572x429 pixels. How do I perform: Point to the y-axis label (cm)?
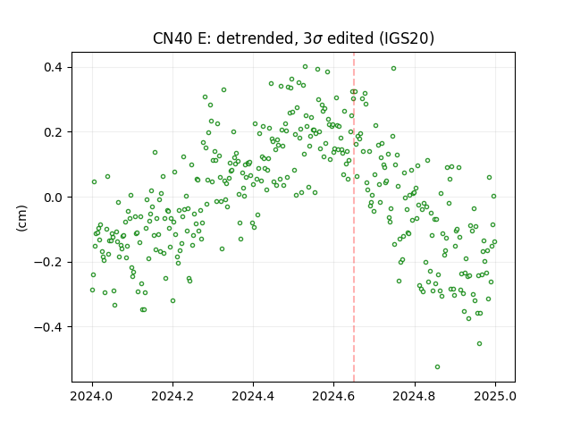pyautogui.click(x=21, y=218)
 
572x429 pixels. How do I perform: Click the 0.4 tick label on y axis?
pyautogui.click(x=53, y=68)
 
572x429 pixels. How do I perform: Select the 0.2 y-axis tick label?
pyautogui.click(x=53, y=132)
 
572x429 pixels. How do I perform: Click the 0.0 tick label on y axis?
pyautogui.click(x=53, y=197)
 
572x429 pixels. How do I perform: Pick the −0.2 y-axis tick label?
pyautogui.click(x=48, y=262)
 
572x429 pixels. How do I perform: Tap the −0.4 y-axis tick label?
pyautogui.click(x=48, y=327)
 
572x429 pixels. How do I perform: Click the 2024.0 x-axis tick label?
pyautogui.click(x=92, y=396)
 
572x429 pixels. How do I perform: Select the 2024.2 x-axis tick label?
pyautogui.click(x=172, y=396)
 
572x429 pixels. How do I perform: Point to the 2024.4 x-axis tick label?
pyautogui.click(x=253, y=396)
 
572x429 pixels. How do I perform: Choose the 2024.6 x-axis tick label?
pyautogui.click(x=333, y=396)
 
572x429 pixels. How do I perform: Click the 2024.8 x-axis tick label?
pyautogui.click(x=415, y=396)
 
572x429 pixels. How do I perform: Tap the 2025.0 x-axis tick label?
pyautogui.click(x=495, y=396)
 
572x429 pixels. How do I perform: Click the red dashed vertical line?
pyautogui.click(x=354, y=217)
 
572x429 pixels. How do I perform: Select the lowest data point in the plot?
pyautogui.click(x=437, y=367)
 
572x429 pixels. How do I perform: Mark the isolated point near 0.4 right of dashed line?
pyautogui.click(x=393, y=68)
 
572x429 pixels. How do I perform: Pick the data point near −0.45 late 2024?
pyautogui.click(x=479, y=343)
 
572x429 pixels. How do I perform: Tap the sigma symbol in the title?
pyautogui.click(x=317, y=39)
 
